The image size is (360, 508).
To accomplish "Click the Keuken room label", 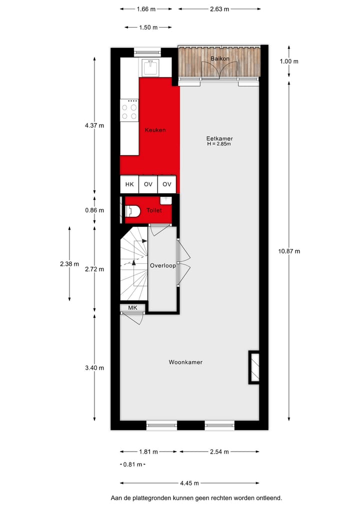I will tap(155, 130).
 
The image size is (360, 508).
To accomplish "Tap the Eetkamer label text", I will tap(219, 138).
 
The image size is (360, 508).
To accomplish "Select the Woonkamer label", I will tap(185, 362).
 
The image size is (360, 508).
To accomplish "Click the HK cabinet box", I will tap(129, 184).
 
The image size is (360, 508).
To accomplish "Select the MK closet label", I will tap(132, 308).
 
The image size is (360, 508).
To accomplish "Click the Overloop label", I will tap(163, 266).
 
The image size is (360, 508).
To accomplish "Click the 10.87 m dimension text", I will tap(289, 251).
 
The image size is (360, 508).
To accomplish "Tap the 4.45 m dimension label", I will tap(189, 483).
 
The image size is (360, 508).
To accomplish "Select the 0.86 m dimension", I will tap(94, 210).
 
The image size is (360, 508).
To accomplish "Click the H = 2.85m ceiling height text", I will tap(219, 144).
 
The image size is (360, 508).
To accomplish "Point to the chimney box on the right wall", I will tap(254, 368).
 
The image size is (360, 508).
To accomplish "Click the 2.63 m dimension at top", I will tap(219, 9).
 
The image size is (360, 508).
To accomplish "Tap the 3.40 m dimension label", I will tap(94, 368).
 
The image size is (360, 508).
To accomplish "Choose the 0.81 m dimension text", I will tap(133, 465).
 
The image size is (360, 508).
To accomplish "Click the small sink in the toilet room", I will tap(168, 200).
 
